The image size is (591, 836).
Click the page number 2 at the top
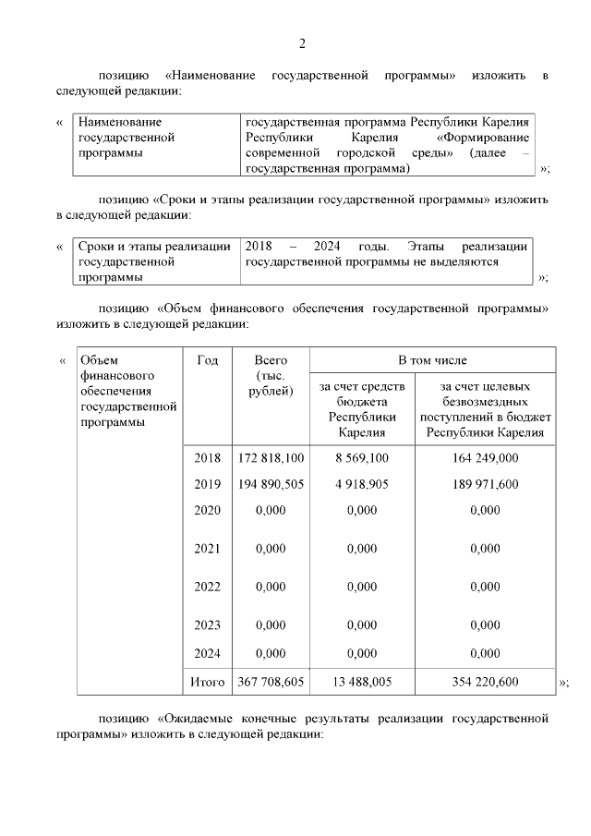(x=301, y=43)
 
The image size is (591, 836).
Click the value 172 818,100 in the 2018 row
(x=271, y=457)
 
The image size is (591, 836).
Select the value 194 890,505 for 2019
(x=271, y=483)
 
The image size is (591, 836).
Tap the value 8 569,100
(x=362, y=457)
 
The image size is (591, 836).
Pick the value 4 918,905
(x=362, y=483)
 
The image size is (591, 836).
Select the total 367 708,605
(x=271, y=683)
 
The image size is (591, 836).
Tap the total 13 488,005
(x=362, y=683)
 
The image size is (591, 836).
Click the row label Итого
(x=208, y=683)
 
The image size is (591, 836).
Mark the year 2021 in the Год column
(x=208, y=549)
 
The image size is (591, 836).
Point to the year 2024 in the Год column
(x=208, y=652)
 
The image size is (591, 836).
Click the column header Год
(x=208, y=360)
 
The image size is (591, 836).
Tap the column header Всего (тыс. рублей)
(x=271, y=375)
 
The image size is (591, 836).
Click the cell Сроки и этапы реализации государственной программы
(x=154, y=261)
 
